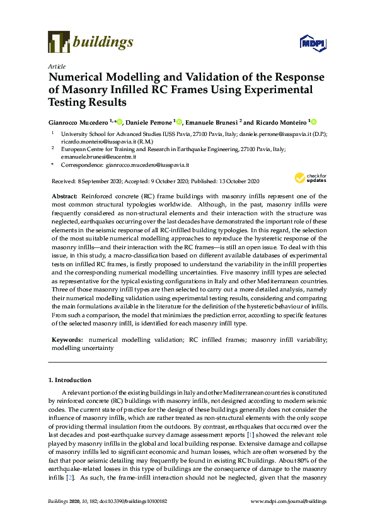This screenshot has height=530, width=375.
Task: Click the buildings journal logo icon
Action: [59, 42]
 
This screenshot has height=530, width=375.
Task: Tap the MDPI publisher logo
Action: [311, 43]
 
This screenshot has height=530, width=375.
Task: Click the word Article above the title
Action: [57, 65]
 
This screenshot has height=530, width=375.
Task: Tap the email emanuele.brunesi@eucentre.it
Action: [91, 156]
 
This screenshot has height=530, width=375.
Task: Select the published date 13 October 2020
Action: [236, 181]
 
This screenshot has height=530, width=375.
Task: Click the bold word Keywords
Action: [66, 339]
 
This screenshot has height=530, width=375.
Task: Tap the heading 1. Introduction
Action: [70, 380]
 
